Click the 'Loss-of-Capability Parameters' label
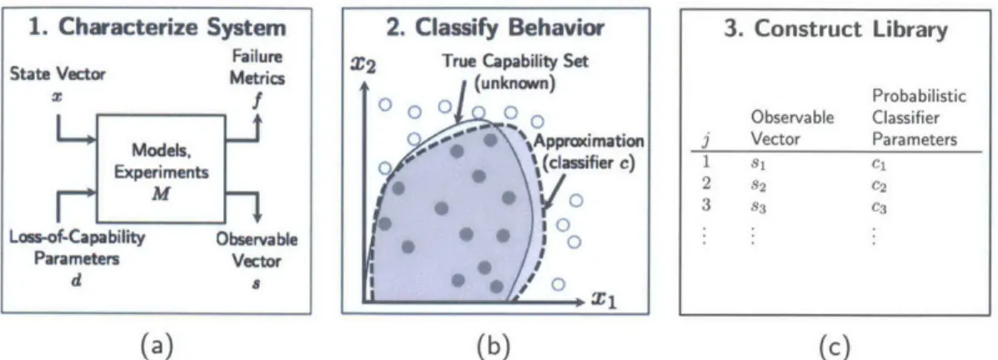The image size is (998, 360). click(x=77, y=248)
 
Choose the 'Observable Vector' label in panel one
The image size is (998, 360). click(x=257, y=250)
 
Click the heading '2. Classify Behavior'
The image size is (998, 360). click(x=495, y=28)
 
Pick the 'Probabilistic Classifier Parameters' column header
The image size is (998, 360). click(x=918, y=117)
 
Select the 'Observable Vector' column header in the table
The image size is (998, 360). click(x=791, y=128)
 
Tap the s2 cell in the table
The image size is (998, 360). click(x=758, y=186)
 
